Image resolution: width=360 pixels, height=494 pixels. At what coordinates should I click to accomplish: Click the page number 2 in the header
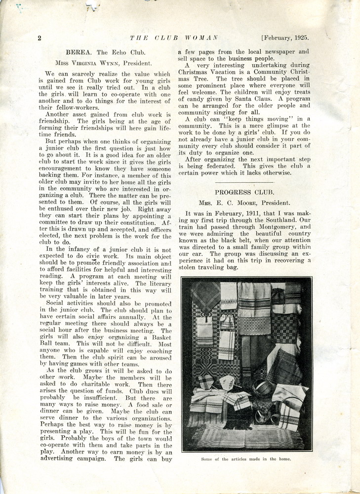pyautogui.click(x=39, y=38)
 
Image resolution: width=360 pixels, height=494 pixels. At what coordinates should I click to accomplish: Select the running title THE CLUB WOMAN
pyautogui.click(x=173, y=38)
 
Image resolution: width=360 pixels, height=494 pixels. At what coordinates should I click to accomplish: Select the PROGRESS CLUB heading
pyautogui.click(x=244, y=192)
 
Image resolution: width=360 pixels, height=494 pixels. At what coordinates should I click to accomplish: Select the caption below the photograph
pyautogui.click(x=246, y=459)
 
